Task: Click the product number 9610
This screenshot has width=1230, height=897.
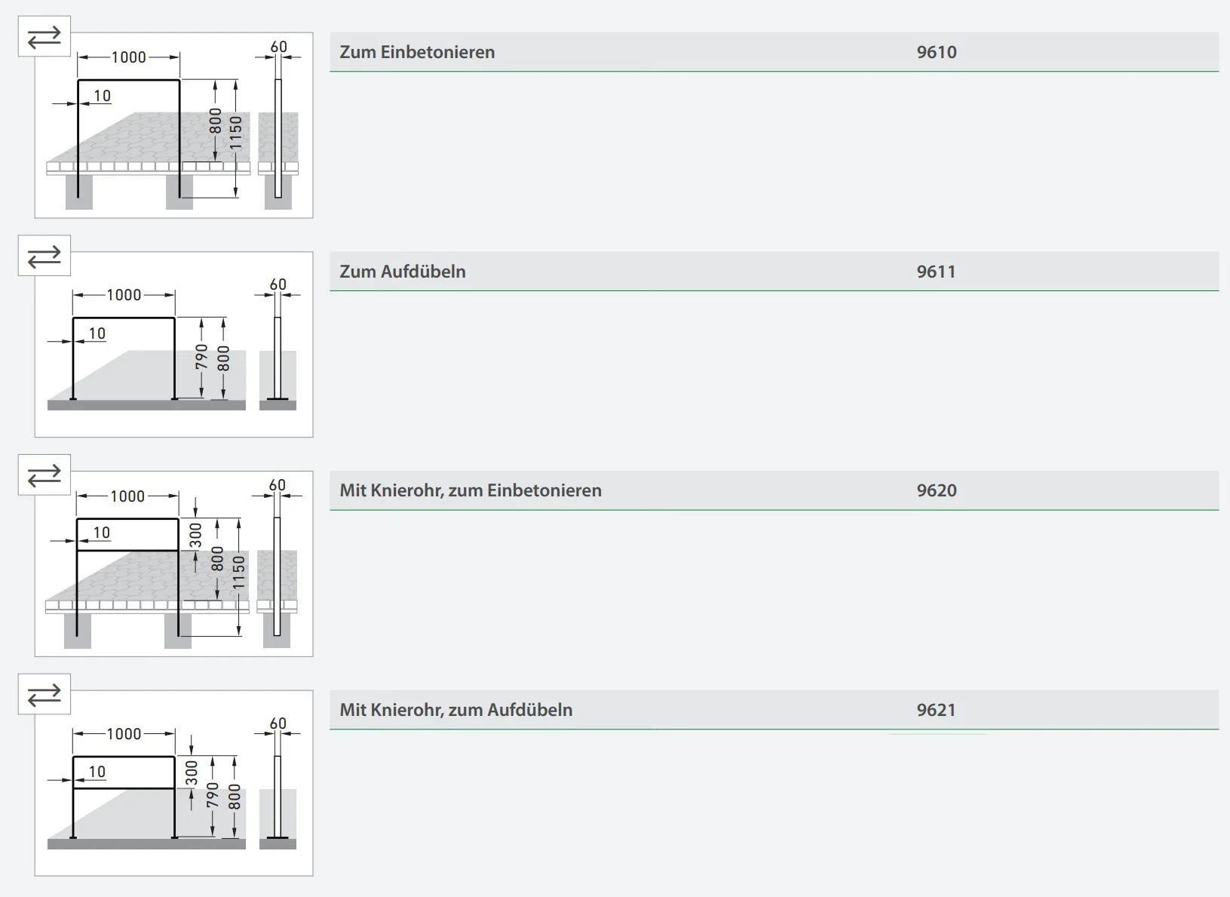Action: point(936,52)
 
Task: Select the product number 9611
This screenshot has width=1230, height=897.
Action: point(936,272)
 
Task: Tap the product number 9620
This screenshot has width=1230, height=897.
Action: point(936,490)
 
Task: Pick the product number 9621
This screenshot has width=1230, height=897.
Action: point(936,710)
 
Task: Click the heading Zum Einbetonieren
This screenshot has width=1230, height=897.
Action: point(417,52)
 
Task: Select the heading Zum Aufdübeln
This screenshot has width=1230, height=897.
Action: point(403,272)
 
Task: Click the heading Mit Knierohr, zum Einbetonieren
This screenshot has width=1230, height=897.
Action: point(471,490)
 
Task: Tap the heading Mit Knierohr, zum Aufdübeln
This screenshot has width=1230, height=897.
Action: point(455,710)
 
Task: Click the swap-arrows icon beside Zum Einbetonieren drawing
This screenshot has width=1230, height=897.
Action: point(44,37)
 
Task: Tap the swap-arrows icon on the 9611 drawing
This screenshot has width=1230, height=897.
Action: point(44,256)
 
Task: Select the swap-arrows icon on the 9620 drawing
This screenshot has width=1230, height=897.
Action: point(44,475)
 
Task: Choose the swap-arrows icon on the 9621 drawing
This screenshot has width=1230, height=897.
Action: point(44,694)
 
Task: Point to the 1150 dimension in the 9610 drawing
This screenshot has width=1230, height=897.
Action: point(235,133)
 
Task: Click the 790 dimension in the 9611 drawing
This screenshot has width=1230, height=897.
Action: point(201,357)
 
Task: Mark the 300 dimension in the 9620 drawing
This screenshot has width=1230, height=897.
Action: point(195,535)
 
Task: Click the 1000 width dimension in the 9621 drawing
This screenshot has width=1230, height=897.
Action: point(124,734)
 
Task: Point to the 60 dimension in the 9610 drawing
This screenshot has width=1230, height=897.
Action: point(278,47)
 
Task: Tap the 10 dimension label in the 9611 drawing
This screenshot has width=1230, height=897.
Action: point(97,333)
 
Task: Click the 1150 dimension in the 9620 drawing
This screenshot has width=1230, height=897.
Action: point(238,573)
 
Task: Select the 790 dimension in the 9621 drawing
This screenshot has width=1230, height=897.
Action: point(213,795)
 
